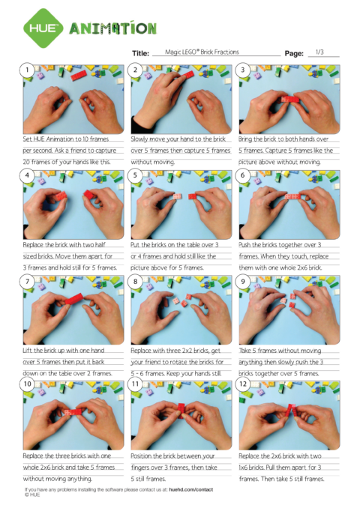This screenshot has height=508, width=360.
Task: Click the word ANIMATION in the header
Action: click(113, 28)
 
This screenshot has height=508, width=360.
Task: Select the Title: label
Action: click(140, 53)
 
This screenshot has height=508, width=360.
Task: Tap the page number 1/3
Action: click(320, 52)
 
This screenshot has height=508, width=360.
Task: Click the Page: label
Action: click(294, 53)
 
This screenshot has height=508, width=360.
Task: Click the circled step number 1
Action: click(28, 71)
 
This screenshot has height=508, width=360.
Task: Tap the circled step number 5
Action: click(136, 177)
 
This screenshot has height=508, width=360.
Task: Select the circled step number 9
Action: click(244, 282)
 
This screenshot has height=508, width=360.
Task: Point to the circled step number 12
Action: click(244, 387)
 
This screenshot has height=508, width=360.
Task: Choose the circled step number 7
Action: click(28, 282)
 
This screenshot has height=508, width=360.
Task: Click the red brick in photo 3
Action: click(290, 99)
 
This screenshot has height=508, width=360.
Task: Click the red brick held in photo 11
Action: click(181, 408)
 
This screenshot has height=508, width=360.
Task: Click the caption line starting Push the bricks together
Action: click(286, 245)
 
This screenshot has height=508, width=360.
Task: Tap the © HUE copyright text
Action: click(32, 495)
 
